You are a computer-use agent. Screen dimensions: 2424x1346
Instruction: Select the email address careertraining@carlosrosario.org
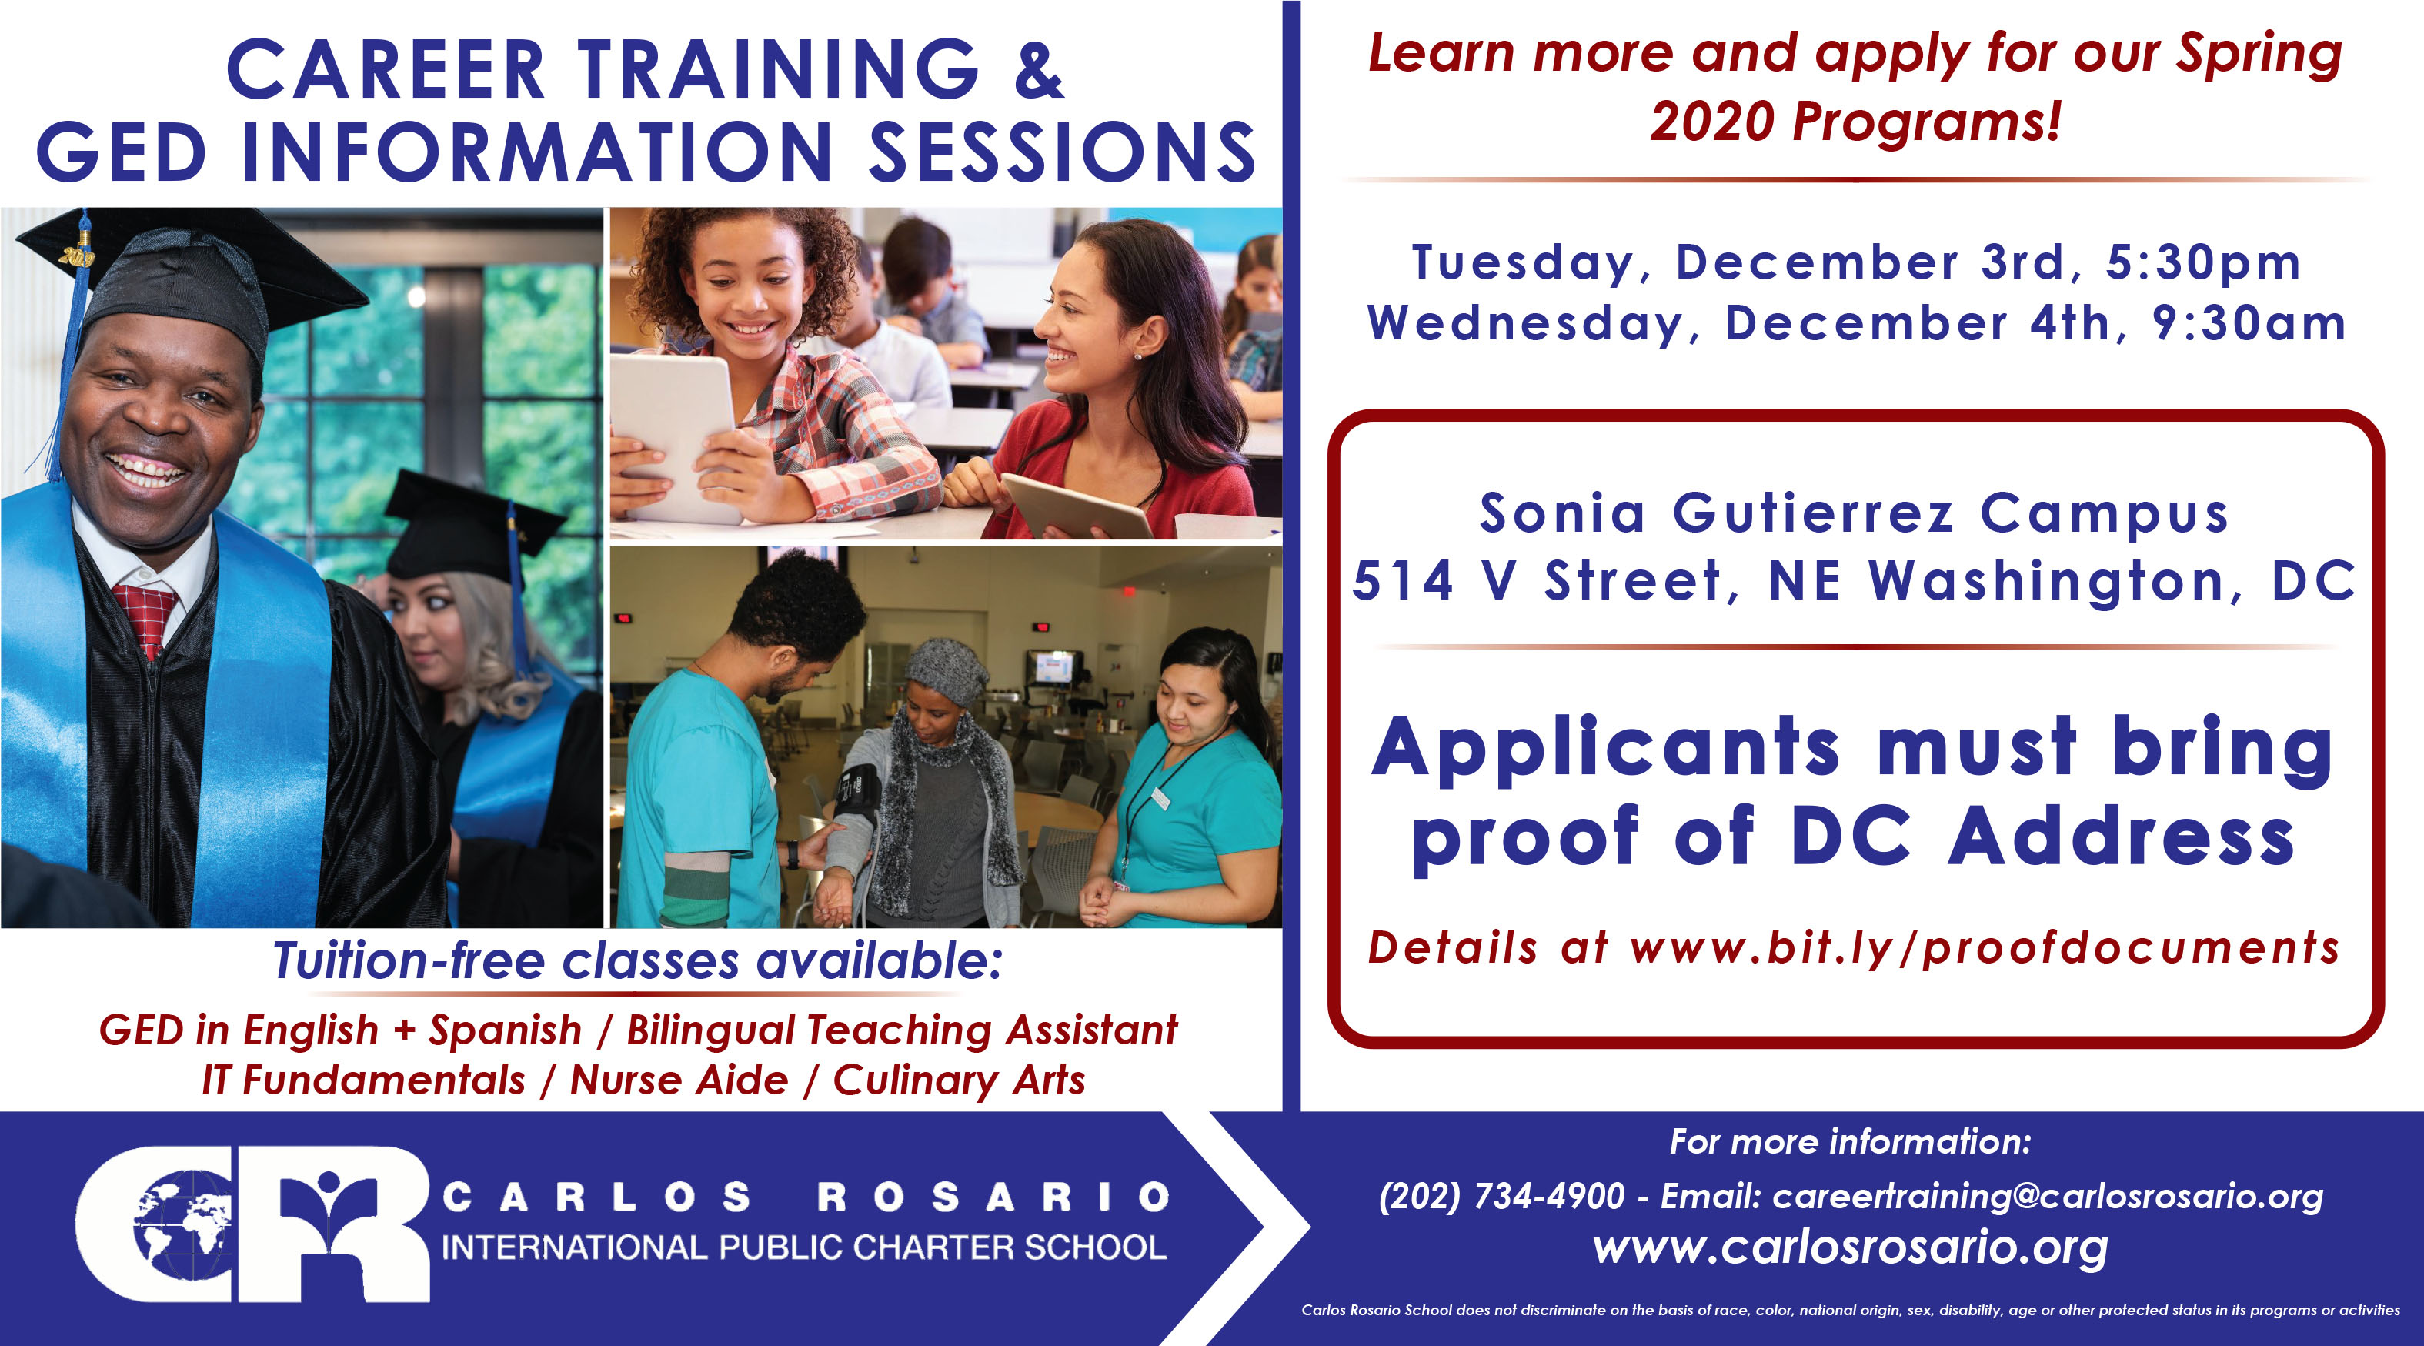click(x=2048, y=1197)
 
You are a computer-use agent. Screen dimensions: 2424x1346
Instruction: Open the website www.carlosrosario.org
click(x=1850, y=1249)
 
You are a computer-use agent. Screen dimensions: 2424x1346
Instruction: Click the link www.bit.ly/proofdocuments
click(x=1985, y=948)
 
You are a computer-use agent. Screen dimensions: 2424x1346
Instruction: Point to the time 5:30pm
click(x=2203, y=262)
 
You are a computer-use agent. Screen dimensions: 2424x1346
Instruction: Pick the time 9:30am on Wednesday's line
click(x=2249, y=324)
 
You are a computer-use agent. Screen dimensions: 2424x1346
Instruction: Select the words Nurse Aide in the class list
click(x=679, y=1080)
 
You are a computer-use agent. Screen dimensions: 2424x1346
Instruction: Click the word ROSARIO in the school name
click(x=993, y=1197)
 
